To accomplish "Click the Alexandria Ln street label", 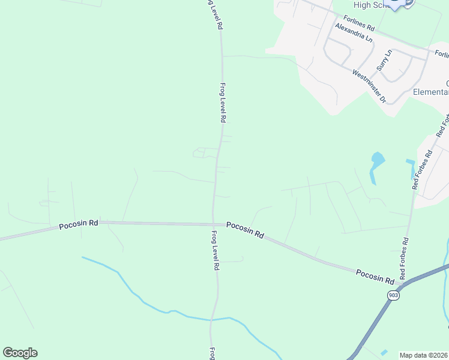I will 354,33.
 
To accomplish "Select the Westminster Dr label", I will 369,86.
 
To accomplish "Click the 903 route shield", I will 393,295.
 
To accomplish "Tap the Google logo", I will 20,353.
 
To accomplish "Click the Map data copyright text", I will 424,355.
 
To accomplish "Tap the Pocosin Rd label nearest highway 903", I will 375,276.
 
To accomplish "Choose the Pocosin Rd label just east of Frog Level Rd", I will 245,230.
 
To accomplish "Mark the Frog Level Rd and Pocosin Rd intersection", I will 213,223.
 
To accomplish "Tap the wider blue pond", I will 377,161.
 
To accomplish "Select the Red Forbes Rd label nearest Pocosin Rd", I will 405,259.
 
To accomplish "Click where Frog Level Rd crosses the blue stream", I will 211,318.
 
